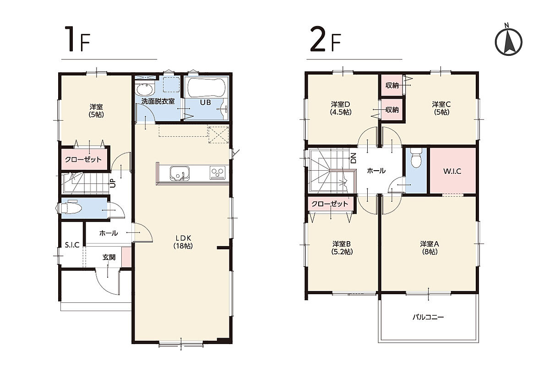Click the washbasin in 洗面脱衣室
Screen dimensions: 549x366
coord(145,89)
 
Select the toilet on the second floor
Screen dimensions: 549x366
coord(416,158)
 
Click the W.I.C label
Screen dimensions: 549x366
coord(452,172)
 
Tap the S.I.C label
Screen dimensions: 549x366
coord(72,245)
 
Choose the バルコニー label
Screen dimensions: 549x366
coord(428,318)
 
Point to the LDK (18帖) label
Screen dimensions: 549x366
coord(183,242)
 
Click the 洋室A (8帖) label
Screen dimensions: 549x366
coord(429,248)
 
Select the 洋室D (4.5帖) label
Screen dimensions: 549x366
coord(341,108)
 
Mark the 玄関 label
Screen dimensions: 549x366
coord(109,257)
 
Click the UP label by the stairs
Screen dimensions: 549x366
coord(113,183)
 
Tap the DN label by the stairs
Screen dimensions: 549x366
coord(353,158)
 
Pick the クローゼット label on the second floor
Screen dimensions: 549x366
coord(330,204)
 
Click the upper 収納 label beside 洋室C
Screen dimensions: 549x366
coord(392,85)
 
